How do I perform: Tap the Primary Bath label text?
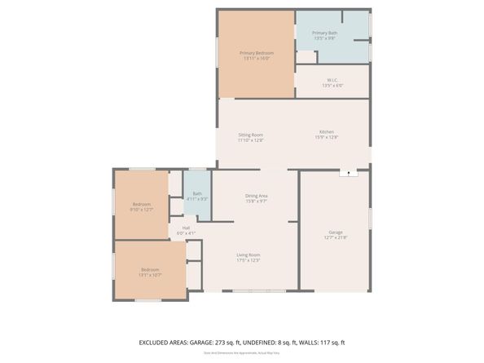coord(323,33)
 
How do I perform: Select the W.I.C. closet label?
coord(332,80)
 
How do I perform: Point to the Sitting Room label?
coord(250,135)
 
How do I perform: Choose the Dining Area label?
coord(257,195)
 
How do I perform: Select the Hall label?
coord(186,228)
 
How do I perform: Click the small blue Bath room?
coord(196,194)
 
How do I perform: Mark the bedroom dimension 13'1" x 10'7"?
coord(150,275)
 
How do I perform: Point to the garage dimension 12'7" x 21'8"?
coord(336,237)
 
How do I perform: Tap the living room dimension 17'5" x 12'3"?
coord(248,260)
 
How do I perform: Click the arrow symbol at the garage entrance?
coord(350,173)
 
